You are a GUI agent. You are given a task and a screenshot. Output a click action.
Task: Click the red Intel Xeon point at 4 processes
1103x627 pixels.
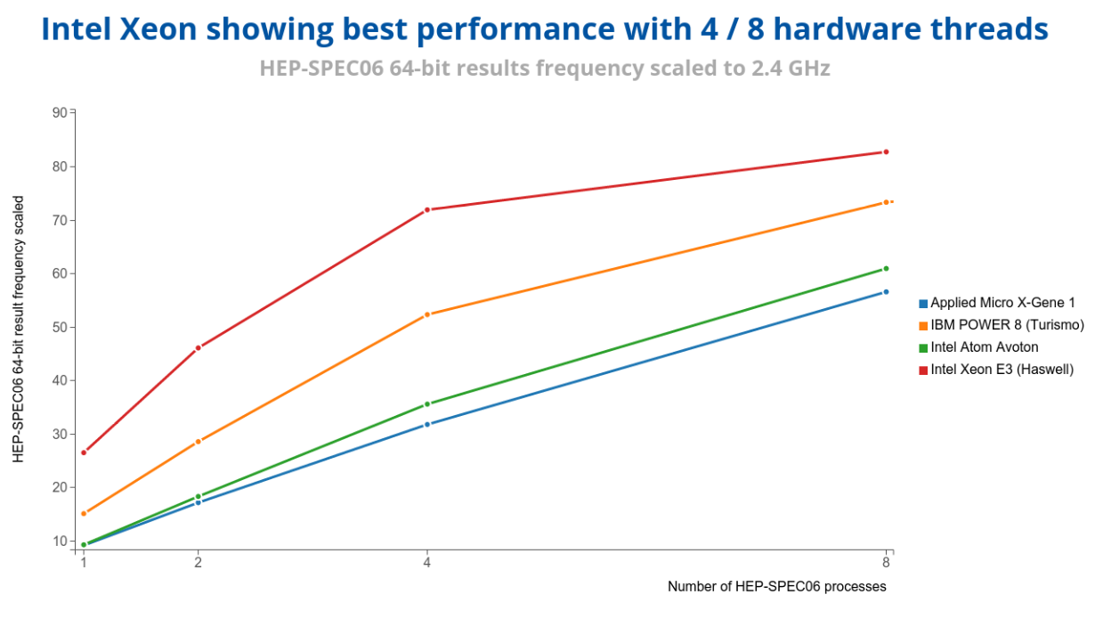(x=427, y=210)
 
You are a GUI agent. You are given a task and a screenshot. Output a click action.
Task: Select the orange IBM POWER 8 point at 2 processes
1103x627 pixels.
(x=198, y=442)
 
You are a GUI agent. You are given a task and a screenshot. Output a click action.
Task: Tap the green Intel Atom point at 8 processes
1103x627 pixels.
(x=886, y=268)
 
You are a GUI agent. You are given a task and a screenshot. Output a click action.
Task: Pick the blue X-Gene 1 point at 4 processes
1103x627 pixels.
(x=427, y=424)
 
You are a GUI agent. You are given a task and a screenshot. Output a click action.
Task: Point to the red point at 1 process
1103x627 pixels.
(x=84, y=452)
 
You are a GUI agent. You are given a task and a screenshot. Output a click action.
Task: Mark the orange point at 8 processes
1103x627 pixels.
(x=886, y=202)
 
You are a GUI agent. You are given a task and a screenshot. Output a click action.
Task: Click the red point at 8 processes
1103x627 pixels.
(x=886, y=152)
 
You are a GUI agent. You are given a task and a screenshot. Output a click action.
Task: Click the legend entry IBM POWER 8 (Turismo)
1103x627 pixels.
(x=1007, y=325)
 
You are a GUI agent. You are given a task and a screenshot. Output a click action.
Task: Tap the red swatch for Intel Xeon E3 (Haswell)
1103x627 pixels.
(x=923, y=370)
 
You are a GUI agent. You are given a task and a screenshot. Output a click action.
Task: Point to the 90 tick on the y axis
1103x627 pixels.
(x=61, y=112)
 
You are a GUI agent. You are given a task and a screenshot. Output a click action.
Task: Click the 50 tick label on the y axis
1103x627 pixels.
(x=61, y=327)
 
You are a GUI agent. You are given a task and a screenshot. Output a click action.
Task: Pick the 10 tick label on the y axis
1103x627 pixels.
(x=61, y=541)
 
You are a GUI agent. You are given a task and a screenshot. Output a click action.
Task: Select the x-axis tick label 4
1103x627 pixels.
(x=427, y=563)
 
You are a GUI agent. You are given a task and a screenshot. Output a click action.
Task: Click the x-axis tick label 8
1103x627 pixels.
(x=886, y=563)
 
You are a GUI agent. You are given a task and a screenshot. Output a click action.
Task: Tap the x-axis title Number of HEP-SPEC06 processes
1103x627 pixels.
(x=776, y=586)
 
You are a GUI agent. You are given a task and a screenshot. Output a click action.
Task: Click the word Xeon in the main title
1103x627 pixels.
(x=158, y=29)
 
